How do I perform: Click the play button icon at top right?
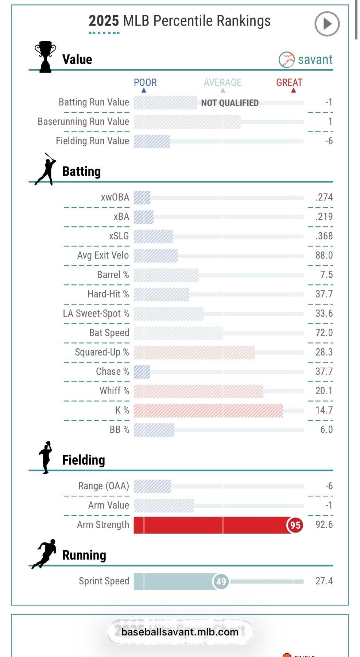(327, 24)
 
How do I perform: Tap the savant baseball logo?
(287, 59)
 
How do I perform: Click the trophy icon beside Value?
(45, 57)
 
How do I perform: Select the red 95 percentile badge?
(295, 525)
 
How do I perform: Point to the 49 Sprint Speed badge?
(221, 581)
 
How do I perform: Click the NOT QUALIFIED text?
(230, 103)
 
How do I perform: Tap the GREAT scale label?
(289, 82)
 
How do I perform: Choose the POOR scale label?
(145, 82)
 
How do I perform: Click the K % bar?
(208, 410)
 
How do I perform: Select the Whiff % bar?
(198, 391)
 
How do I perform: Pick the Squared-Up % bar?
(194, 352)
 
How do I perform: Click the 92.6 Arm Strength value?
(324, 525)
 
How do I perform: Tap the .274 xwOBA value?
(324, 197)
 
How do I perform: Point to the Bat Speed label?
(109, 333)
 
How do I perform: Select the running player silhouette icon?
(44, 554)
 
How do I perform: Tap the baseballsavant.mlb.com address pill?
(180, 632)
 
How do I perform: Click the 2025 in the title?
(104, 21)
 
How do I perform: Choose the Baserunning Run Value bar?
(187, 122)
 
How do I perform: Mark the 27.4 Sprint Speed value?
(324, 581)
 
